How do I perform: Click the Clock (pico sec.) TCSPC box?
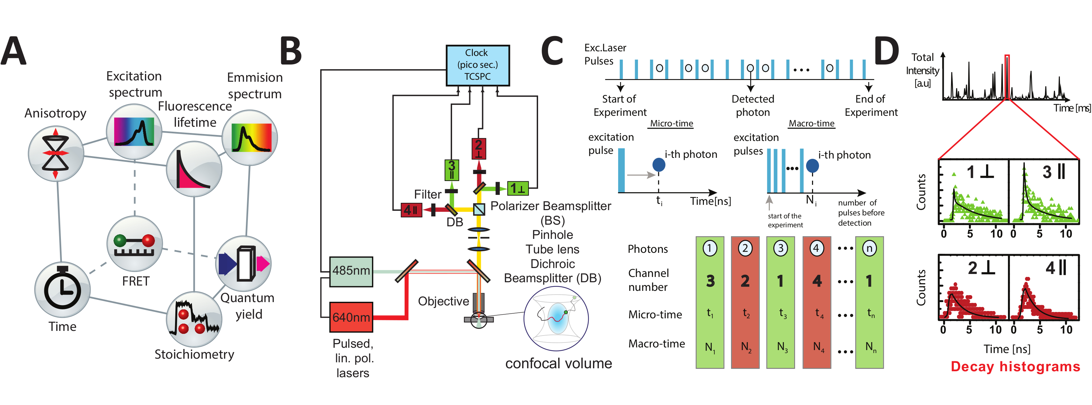coord(477,65)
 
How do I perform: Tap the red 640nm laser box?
coord(351,317)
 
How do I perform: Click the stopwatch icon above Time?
coord(62,290)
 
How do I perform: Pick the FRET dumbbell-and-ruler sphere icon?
coord(134,244)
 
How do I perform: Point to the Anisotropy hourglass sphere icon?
coord(56,154)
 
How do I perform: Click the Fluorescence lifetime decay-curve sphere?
coord(194,169)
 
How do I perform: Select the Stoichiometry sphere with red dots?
coord(194,319)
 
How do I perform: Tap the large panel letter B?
coord(291,51)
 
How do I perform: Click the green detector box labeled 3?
coord(451,170)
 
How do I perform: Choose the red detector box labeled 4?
coord(411,209)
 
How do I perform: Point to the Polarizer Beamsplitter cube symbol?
coord(479,209)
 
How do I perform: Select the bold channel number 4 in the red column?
coord(817,281)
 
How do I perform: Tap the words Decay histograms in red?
coord(1015,366)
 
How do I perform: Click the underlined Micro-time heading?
coord(671,123)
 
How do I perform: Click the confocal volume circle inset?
coord(556,319)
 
